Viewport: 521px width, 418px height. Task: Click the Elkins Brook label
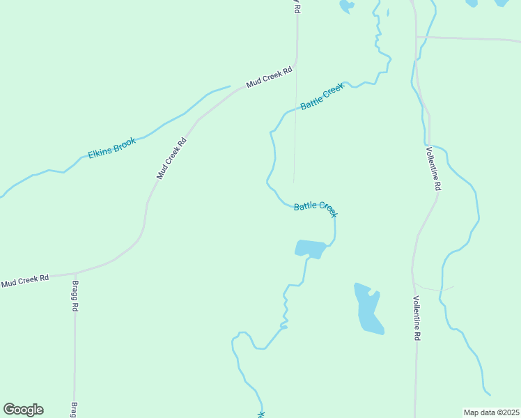coord(112,148)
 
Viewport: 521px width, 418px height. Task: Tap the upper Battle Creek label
coord(322,96)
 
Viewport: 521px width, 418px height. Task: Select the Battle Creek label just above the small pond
coord(316,208)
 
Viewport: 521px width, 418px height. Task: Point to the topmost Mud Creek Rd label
coord(268,78)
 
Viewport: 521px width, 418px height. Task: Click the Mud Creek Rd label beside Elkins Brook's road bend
coord(171,158)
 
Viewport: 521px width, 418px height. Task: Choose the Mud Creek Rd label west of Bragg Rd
coord(25,281)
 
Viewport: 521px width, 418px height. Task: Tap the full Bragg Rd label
coord(75,296)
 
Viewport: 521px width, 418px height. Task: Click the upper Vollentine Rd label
coord(433,168)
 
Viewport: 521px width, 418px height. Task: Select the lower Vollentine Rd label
coord(417,318)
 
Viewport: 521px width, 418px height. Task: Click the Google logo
coord(23,410)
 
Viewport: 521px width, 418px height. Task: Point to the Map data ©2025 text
coord(491,412)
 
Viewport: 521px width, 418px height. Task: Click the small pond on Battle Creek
coord(311,248)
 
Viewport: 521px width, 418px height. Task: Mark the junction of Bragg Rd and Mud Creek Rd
coord(75,272)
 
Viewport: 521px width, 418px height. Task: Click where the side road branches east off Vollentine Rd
coord(417,37)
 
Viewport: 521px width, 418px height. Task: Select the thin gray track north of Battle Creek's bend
coord(295,139)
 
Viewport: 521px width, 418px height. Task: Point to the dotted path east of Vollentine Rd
coord(435,288)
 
